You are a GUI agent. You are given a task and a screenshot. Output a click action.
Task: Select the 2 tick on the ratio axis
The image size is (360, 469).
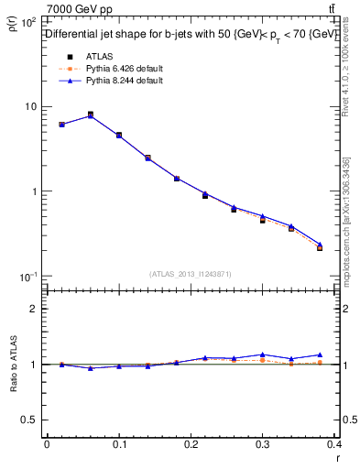click(x=35, y=309)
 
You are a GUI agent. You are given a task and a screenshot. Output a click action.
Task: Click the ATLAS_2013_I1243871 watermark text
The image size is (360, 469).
click(x=191, y=274)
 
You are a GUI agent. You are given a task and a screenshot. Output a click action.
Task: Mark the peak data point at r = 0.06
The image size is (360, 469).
click(x=90, y=115)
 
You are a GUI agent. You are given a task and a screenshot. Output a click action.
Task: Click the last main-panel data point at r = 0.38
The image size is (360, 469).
click(x=320, y=247)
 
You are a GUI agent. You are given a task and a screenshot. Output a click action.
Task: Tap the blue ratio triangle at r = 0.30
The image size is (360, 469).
click(x=262, y=354)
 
